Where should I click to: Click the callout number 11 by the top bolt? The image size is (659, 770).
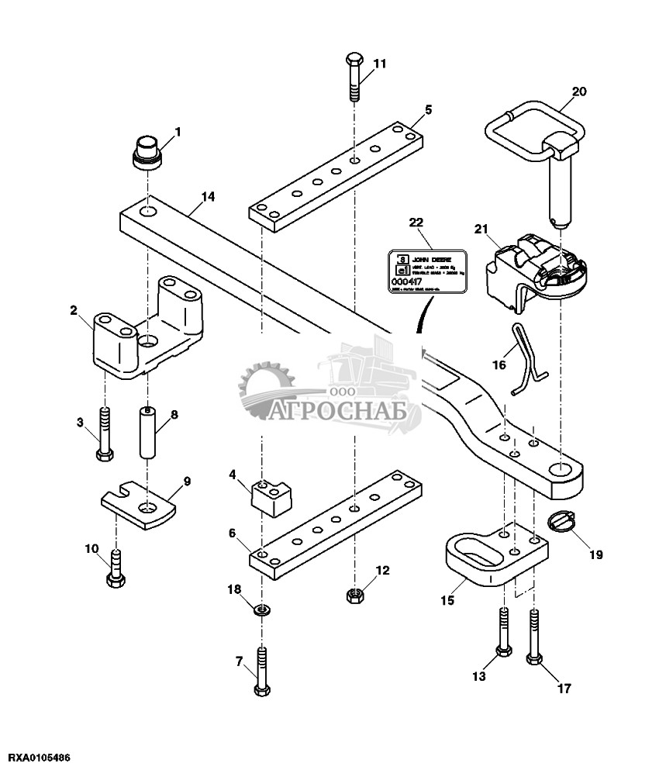click(378, 64)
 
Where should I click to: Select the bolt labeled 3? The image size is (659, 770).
click(105, 434)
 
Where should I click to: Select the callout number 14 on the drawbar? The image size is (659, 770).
click(207, 197)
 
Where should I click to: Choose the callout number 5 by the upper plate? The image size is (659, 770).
click(428, 109)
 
